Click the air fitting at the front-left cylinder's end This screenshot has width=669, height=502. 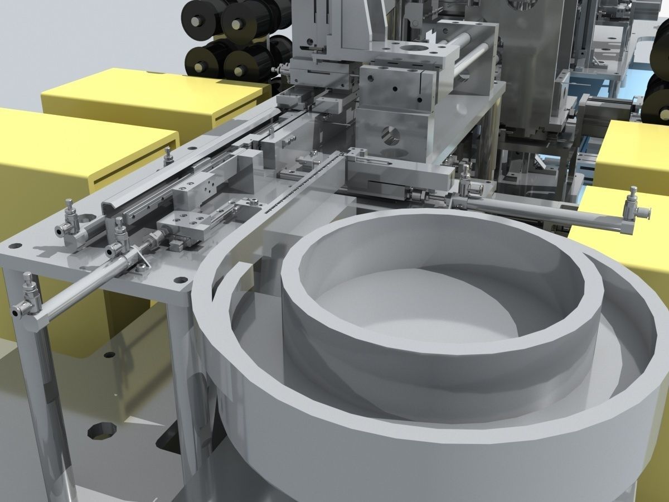tap(28, 296)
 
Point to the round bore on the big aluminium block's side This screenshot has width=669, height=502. tap(388, 134)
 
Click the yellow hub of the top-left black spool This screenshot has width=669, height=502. tap(197, 21)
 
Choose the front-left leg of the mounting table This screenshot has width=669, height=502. tap(50, 402)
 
